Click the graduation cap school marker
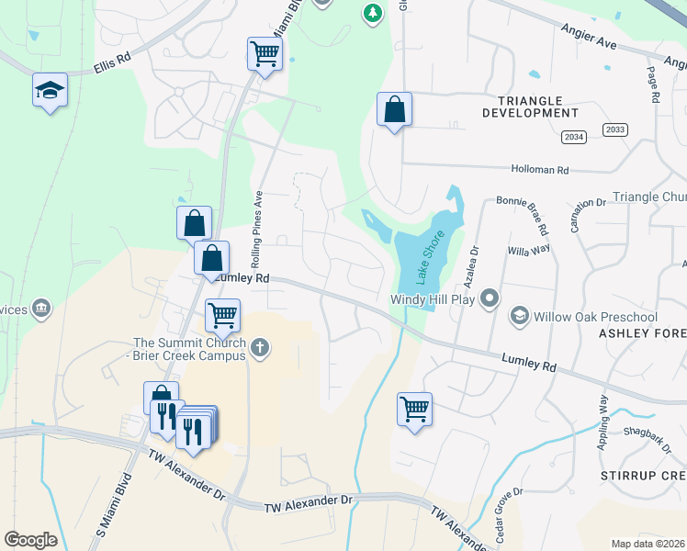[51, 90]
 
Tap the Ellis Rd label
[113, 67]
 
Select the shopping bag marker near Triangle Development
[394, 109]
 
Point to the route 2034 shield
[574, 137]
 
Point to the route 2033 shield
[615, 129]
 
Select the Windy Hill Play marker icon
[490, 298]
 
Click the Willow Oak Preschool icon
[519, 317]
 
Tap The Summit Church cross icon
[260, 347]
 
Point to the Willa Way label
[529, 248]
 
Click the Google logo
[31, 540]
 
